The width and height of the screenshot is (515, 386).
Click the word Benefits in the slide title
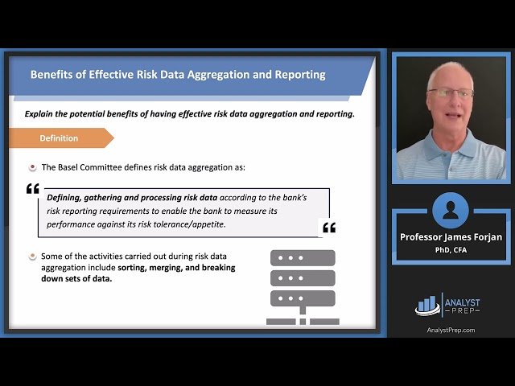[54, 75]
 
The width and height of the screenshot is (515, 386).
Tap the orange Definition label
[60, 138]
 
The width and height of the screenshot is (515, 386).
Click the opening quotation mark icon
[33, 189]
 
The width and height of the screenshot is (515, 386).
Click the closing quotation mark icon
[328, 228]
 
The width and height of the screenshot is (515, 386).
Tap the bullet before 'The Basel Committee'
[32, 167]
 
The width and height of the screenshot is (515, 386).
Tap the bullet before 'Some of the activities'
[32, 257]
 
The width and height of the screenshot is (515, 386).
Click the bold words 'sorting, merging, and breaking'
[176, 268]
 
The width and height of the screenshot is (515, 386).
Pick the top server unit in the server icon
[302, 258]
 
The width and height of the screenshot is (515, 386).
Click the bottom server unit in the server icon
[302, 299]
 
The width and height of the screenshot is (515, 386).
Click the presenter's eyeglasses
[451, 93]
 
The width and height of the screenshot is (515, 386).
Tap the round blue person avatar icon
[450, 211]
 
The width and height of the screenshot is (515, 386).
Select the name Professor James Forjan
[451, 237]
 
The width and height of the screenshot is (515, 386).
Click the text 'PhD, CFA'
[451, 249]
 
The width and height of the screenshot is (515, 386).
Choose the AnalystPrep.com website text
[451, 330]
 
